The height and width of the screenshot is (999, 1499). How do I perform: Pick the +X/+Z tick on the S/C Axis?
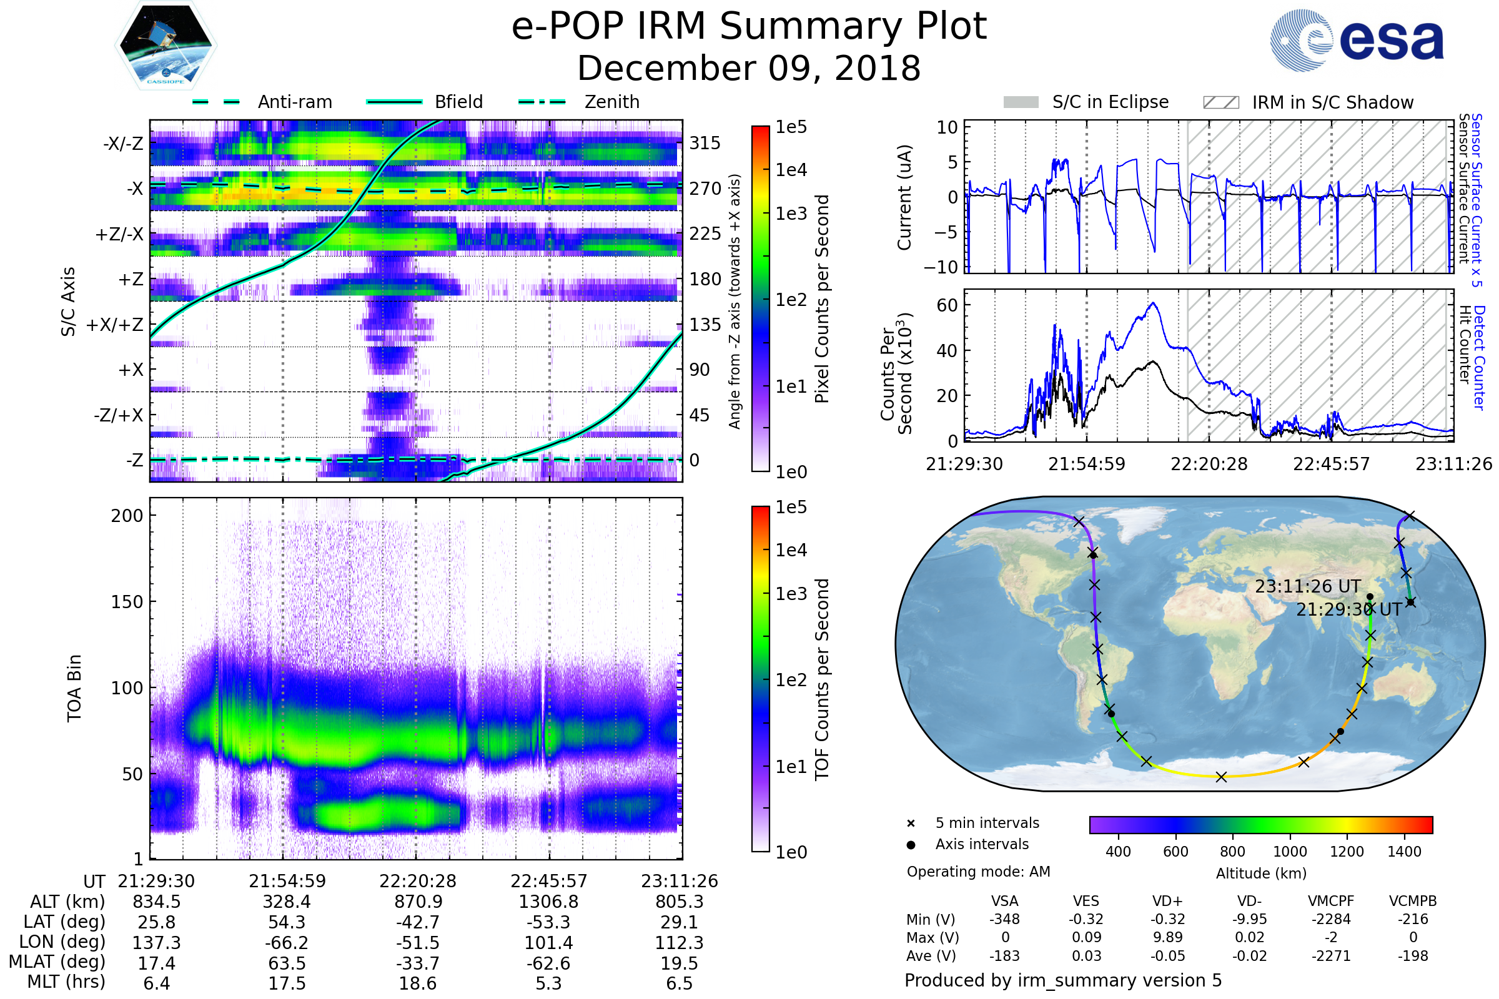point(115,325)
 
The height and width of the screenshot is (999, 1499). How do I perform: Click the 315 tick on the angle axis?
point(705,143)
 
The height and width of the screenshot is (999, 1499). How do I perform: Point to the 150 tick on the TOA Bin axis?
point(127,602)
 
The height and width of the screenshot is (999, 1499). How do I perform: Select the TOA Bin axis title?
point(74,688)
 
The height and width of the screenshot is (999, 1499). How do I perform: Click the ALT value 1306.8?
point(548,902)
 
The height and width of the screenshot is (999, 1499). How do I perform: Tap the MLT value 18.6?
point(417,983)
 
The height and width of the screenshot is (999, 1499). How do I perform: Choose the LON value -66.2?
point(287,942)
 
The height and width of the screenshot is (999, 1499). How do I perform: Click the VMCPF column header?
point(1331,901)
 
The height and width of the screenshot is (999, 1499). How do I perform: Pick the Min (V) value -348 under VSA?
point(1004,919)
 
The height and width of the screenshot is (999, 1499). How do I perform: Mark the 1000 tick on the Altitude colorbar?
point(1290,852)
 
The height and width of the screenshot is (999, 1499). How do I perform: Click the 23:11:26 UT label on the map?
point(1308,586)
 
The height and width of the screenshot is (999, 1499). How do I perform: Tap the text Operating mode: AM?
point(978,872)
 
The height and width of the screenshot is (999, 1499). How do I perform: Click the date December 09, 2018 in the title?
point(749,68)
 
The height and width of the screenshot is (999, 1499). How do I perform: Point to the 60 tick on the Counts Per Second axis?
point(947,305)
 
